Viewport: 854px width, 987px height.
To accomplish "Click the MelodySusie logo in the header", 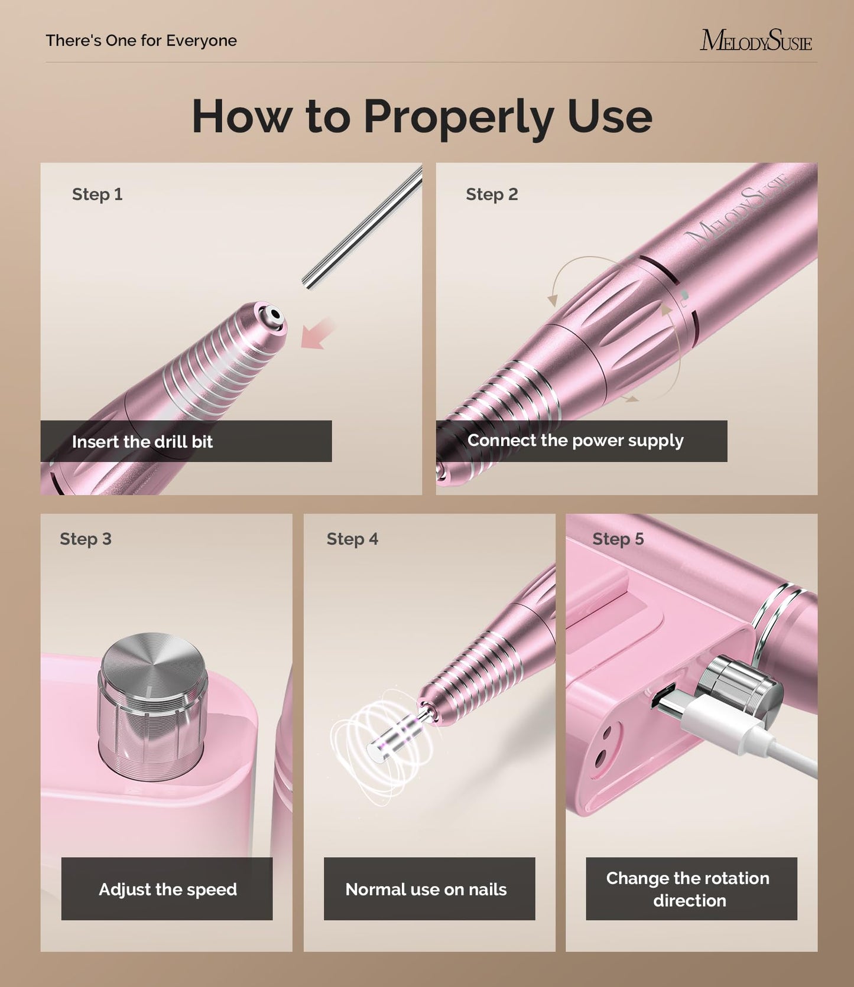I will [755, 40].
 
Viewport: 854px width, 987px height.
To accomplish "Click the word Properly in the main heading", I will [457, 117].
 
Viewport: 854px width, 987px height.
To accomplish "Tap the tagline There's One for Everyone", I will [141, 41].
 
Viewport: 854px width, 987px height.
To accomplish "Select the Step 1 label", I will [97, 194].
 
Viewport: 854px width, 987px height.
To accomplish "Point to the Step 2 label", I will [491, 194].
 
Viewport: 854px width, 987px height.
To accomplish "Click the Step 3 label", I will [85, 539].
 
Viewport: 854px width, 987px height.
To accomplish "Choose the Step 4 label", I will [352, 539].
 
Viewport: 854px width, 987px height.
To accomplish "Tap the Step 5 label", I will [618, 539].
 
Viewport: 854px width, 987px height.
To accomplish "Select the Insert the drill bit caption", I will [142, 442].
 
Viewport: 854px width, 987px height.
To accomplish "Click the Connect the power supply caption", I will [575, 441].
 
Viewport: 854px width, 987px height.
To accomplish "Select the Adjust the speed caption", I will [167, 889].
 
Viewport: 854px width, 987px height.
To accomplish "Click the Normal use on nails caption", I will [426, 889].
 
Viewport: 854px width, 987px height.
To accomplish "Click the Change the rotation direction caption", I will [689, 889].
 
